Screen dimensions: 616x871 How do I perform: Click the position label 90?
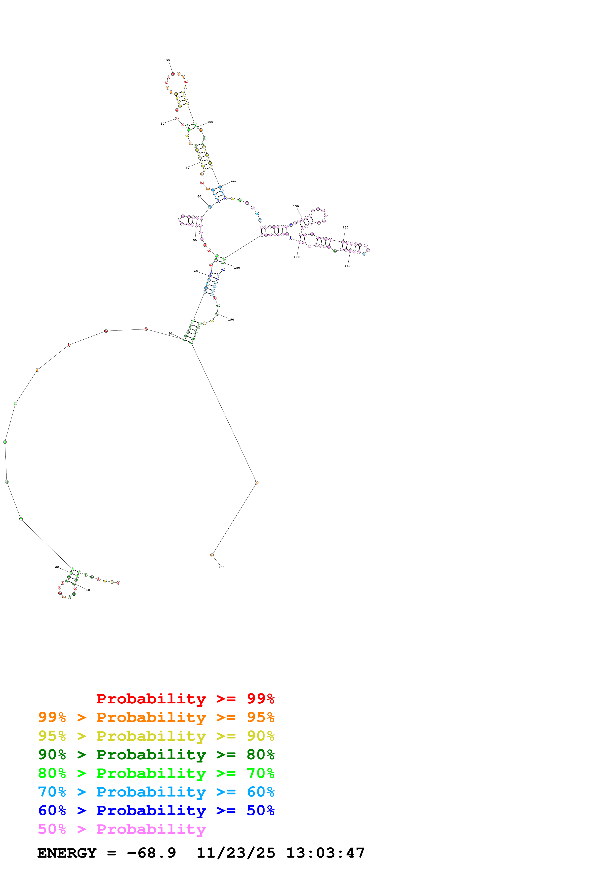[168, 60]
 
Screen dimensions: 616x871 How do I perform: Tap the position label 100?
[210, 122]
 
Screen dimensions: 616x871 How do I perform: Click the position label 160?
[348, 266]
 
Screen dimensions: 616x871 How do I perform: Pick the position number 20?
[57, 567]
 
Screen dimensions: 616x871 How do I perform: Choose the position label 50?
[195, 241]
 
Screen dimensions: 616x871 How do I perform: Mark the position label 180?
[237, 268]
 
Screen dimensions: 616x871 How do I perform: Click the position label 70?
[187, 168]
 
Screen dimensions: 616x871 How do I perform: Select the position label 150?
[345, 228]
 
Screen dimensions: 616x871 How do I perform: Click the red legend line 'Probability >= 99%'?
[185, 699]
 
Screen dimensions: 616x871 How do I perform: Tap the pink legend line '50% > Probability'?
[122, 829]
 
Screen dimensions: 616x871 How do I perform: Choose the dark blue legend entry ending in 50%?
[156, 810]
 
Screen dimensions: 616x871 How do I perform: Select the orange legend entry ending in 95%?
[156, 717]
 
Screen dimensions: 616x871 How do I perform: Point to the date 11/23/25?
[236, 853]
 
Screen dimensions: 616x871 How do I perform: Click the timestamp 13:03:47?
[325, 853]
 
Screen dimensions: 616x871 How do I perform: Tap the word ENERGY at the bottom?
[67, 853]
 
